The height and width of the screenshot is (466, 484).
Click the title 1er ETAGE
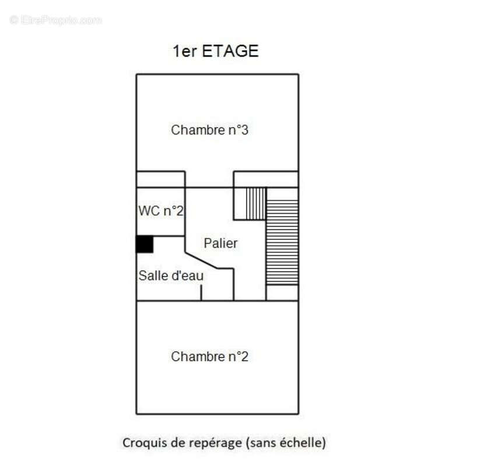coord(215,51)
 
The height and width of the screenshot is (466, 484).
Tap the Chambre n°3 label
coord(209,130)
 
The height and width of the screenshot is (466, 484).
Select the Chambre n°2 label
coord(209,356)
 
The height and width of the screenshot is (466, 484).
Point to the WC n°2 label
coord(161,211)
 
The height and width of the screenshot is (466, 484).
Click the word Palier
coord(220,243)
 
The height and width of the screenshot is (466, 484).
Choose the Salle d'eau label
coord(170,276)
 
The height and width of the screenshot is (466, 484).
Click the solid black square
coord(145,244)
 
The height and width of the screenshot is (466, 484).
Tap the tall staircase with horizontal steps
coord(282,242)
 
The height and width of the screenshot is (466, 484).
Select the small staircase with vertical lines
coord(255,203)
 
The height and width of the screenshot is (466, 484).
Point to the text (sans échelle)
coord(286,443)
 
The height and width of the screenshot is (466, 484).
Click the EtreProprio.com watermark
coord(56,20)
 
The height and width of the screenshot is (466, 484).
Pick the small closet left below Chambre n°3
coord(161,179)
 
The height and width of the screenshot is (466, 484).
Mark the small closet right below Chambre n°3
coord(266,179)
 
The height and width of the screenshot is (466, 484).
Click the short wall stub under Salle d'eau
coord(202,292)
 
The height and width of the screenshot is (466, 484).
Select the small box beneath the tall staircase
coord(282,293)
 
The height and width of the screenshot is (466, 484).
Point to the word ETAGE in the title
coord(230,51)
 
